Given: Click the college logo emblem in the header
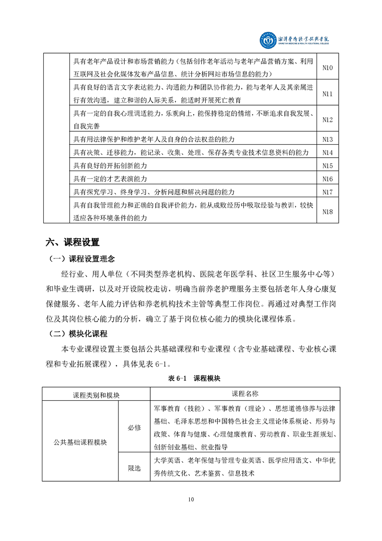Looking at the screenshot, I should (x=268, y=41).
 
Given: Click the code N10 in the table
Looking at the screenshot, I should (x=328, y=68).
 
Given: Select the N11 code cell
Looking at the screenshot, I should (x=328, y=94).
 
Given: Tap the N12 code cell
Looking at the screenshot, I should (x=328, y=120).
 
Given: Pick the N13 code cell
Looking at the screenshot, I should (x=328, y=139).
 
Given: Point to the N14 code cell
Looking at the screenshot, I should (x=328, y=152).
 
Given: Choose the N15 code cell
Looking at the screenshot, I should (x=328, y=165).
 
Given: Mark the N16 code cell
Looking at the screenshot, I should (x=328, y=179).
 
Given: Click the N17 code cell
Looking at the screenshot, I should (x=328, y=192).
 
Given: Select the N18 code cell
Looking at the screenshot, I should (x=328, y=211).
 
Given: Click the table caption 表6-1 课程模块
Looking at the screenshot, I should (x=191, y=379).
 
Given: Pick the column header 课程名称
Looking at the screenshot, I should (x=245, y=393).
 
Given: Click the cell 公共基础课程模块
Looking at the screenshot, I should (x=80, y=442).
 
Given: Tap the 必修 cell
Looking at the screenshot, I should (x=134, y=428).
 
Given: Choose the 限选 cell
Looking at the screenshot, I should (x=134, y=468).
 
